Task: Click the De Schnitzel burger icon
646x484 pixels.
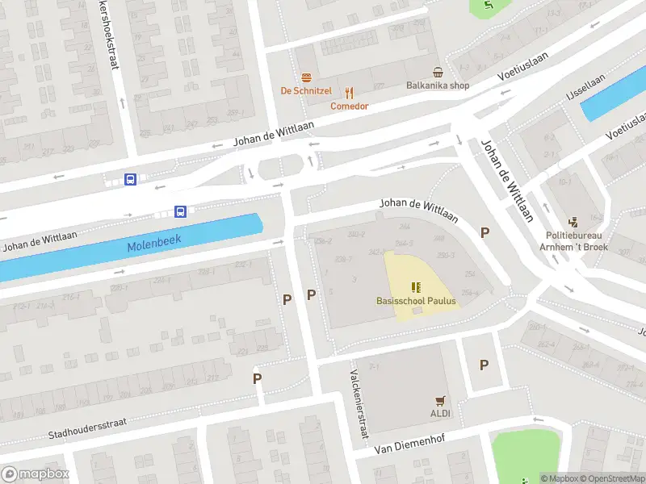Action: [307, 77]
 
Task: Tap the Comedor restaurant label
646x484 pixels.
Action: [349, 106]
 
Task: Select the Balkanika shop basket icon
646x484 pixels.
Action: [437, 73]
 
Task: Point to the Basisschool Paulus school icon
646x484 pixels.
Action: [416, 287]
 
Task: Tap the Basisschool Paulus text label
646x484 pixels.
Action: [416, 302]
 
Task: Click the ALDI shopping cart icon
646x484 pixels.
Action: [440, 400]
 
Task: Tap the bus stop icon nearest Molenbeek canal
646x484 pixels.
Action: [181, 212]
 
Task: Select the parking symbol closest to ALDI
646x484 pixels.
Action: [484, 365]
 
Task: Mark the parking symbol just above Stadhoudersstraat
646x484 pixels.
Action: [258, 378]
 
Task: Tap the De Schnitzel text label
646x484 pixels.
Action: [306, 91]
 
